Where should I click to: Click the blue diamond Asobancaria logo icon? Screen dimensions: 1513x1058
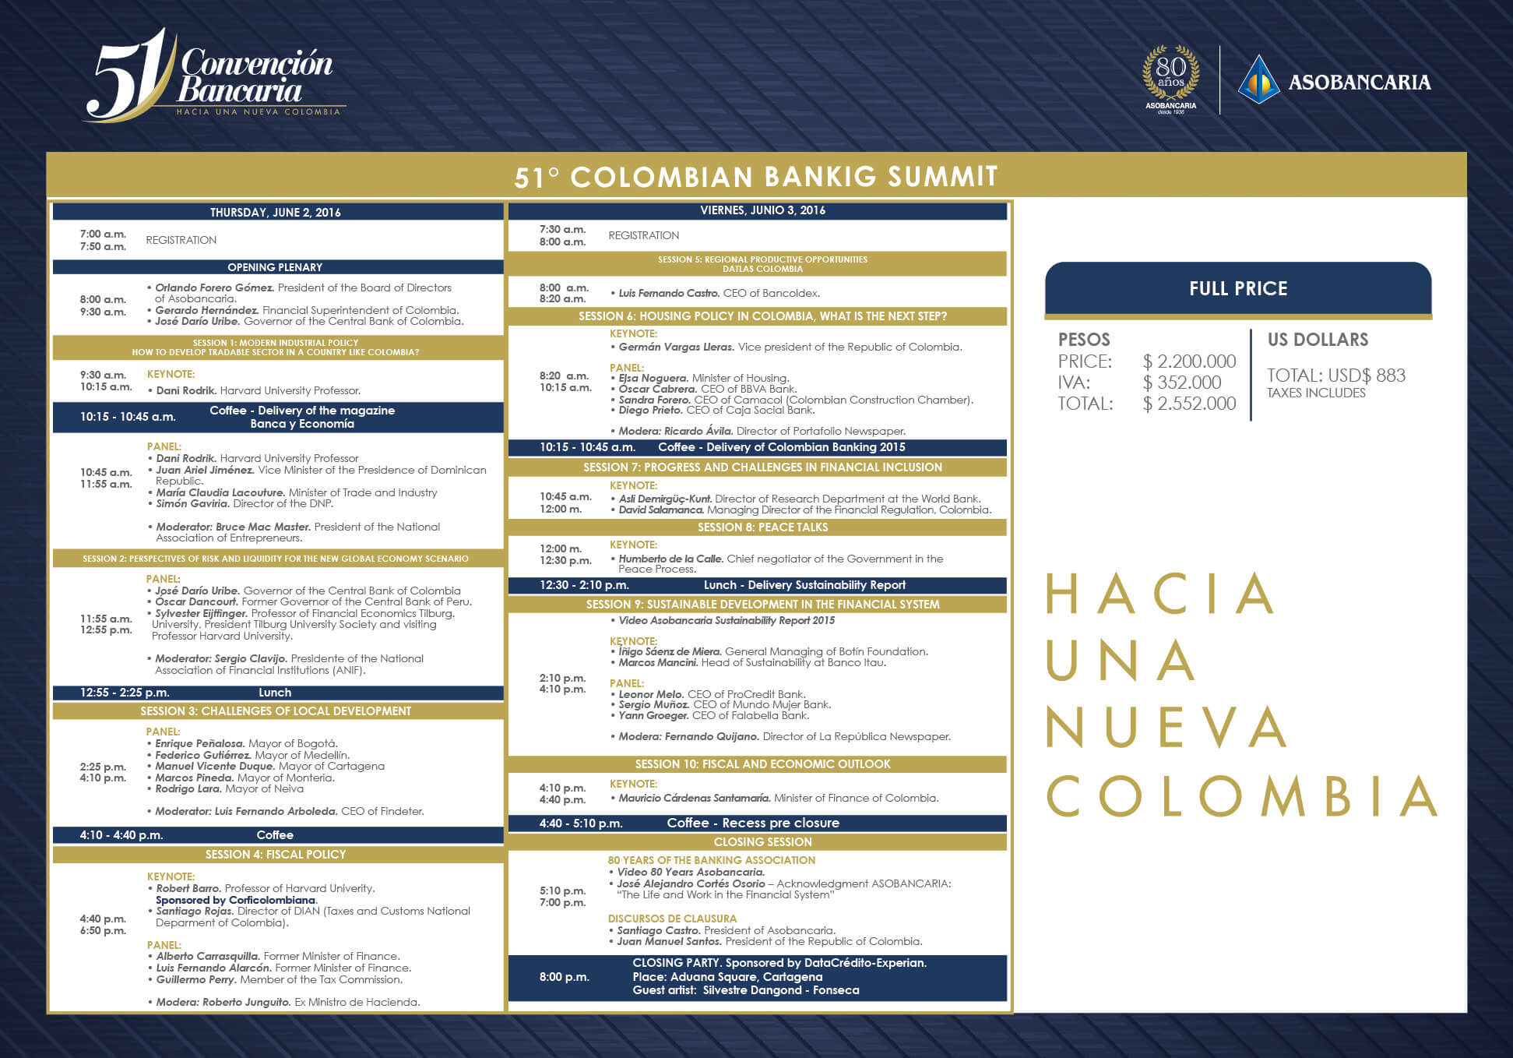click(1258, 79)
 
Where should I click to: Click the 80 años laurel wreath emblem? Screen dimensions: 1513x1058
click(1170, 77)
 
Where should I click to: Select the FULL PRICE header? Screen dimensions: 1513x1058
click(1238, 289)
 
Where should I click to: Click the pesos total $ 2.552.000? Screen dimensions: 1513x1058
click(1189, 404)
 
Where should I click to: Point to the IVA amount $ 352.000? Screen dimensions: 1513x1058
click(1182, 383)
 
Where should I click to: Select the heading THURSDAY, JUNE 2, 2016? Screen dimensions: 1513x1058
click(275, 212)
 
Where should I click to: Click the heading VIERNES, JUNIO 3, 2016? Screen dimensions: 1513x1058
click(762, 210)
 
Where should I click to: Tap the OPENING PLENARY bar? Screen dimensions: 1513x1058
click(275, 267)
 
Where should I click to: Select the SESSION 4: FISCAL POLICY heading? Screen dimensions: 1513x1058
click(276, 855)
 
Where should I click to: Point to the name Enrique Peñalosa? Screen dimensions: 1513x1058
click(200, 743)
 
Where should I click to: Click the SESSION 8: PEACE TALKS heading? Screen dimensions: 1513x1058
click(762, 527)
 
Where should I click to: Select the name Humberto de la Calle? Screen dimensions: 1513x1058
click(671, 559)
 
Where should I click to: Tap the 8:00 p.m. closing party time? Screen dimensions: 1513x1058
click(565, 977)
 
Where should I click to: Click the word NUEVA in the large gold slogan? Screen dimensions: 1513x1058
click(1164, 728)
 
